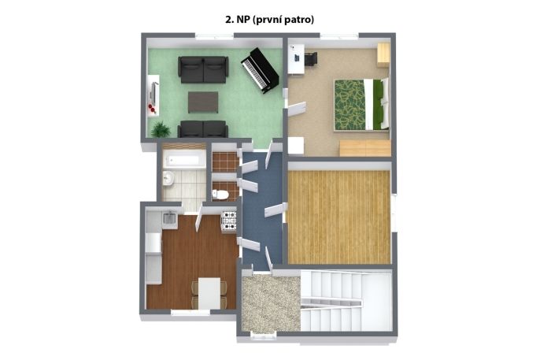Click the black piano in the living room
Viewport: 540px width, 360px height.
click(x=259, y=70)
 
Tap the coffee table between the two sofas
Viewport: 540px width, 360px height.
click(x=203, y=102)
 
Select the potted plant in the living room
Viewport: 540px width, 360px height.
click(x=161, y=130)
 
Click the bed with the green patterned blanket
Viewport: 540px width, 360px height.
click(x=361, y=105)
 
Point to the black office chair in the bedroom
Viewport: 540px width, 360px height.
click(x=311, y=58)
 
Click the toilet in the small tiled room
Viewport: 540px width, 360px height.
click(x=220, y=195)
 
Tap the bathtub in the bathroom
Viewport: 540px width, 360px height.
click(x=184, y=159)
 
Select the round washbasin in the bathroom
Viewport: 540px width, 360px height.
click(x=168, y=178)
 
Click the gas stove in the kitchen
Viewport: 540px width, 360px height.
click(x=228, y=221)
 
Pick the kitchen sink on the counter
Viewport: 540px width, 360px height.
click(x=169, y=219)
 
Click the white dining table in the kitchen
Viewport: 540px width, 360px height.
click(x=209, y=293)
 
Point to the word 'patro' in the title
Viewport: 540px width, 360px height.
click(x=301, y=20)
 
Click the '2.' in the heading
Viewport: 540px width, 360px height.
click(x=229, y=20)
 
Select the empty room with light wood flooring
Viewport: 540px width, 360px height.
click(x=338, y=217)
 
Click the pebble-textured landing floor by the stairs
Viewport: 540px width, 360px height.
click(x=271, y=303)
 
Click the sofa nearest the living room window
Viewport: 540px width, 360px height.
click(x=203, y=69)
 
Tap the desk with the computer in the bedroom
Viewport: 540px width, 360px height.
click(x=296, y=58)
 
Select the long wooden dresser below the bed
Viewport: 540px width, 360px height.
click(x=365, y=148)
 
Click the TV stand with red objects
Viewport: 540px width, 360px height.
click(x=153, y=95)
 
